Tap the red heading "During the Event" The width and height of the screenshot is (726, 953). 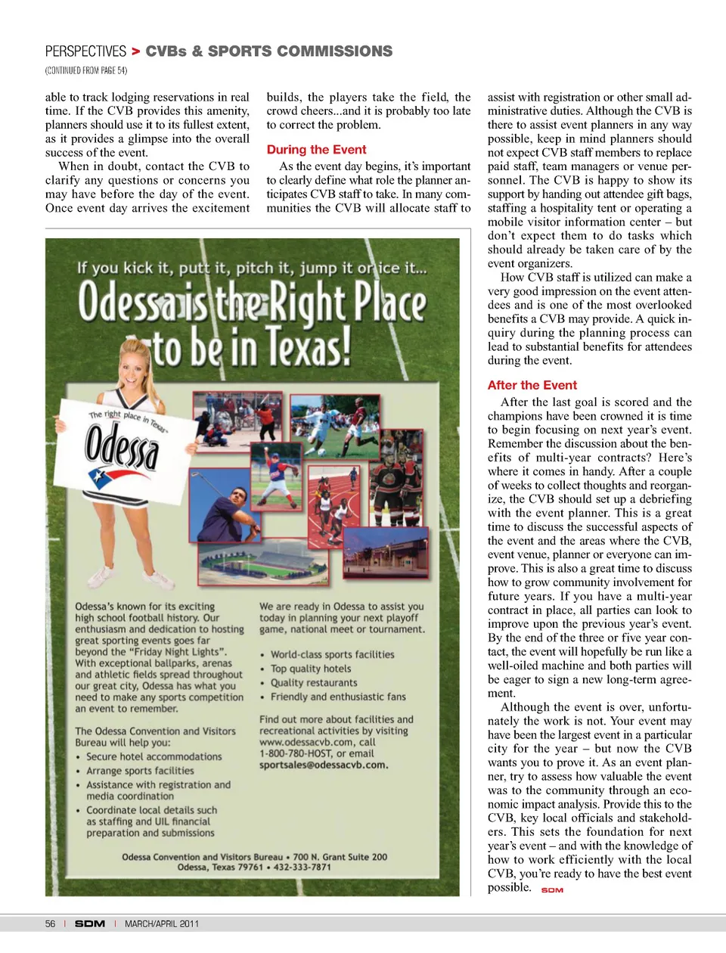coord(316,150)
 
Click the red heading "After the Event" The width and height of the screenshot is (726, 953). coord(532,385)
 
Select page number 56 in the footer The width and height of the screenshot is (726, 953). coord(50,924)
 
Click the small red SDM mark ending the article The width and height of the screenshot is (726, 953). coord(552,890)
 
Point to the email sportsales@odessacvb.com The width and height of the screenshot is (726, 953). coord(323,765)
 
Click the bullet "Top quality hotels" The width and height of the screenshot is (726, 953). coord(311,669)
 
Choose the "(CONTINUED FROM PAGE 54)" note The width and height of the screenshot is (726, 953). coord(86,70)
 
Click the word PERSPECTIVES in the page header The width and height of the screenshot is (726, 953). coord(85,51)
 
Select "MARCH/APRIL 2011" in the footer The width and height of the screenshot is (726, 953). coord(162,924)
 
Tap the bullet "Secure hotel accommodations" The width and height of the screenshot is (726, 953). coord(154,756)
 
